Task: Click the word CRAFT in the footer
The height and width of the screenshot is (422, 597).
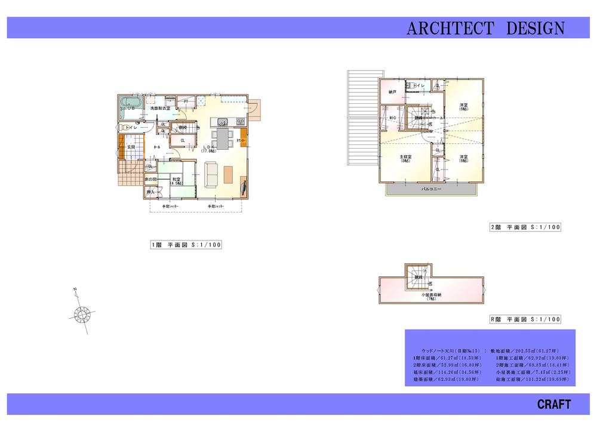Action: point(553,404)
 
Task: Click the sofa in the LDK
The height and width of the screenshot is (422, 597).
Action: point(212,174)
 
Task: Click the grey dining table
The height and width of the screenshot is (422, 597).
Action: point(223,139)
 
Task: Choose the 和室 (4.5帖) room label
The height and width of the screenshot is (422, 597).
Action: point(177,181)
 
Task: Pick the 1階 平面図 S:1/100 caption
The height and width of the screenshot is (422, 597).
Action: point(186,244)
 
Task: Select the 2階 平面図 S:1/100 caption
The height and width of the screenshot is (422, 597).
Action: point(525,227)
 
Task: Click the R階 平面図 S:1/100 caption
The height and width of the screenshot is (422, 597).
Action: point(525,319)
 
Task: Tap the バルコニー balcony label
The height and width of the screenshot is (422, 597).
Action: point(431,189)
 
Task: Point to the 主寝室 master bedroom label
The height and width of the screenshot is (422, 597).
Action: point(406,158)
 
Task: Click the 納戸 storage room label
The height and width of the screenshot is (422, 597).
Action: point(392,93)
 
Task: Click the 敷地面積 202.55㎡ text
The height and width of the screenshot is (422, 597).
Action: point(526,351)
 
